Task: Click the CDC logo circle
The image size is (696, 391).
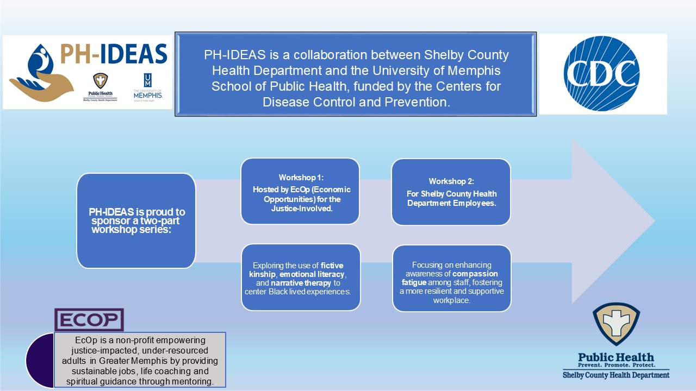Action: [x=601, y=73]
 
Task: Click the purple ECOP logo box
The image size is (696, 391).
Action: [x=89, y=320]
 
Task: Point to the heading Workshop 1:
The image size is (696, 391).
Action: [x=300, y=178]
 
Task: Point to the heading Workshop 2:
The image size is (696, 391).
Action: [x=451, y=181]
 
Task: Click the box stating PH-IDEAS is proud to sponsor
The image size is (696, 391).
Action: [x=136, y=220]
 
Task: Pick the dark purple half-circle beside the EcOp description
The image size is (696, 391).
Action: [x=40, y=360]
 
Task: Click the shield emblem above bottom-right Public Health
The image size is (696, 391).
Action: [x=616, y=324]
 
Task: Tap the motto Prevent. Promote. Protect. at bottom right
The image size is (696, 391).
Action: [x=616, y=366]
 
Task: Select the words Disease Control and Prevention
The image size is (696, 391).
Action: [x=357, y=102]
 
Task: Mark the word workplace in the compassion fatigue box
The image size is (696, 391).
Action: [x=451, y=300]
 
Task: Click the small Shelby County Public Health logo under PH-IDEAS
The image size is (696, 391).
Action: [x=100, y=87]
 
